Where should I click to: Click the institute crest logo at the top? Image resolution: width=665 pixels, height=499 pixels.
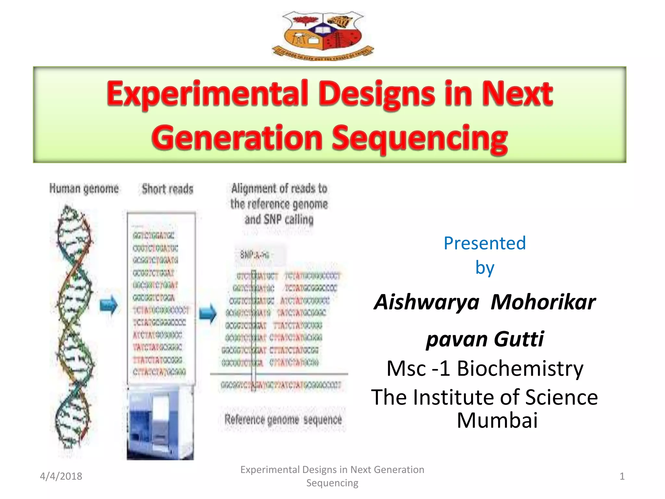pyautogui.click(x=323, y=35)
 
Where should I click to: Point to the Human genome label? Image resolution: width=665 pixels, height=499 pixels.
pyautogui.click(x=84, y=189)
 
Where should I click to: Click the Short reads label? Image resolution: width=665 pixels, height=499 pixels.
pyautogui.click(x=168, y=189)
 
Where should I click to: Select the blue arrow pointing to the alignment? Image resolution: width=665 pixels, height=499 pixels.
pyautogui.click(x=207, y=314)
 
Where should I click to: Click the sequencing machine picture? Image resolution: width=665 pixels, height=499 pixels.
pyautogui.click(x=160, y=422)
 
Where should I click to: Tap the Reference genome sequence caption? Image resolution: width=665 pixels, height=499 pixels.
pyautogui.click(x=283, y=419)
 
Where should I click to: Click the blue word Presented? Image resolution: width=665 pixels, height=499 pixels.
pyautogui.click(x=484, y=243)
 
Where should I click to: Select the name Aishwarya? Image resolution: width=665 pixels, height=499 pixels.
pyautogui.click(x=427, y=302)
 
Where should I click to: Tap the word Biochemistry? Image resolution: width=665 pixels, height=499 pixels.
pyautogui.click(x=520, y=369)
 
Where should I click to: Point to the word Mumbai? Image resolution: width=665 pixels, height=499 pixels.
pyautogui.click(x=497, y=420)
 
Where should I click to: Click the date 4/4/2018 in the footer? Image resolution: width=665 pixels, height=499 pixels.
pyautogui.click(x=61, y=476)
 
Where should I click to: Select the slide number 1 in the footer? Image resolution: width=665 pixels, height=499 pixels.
pyautogui.click(x=622, y=476)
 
